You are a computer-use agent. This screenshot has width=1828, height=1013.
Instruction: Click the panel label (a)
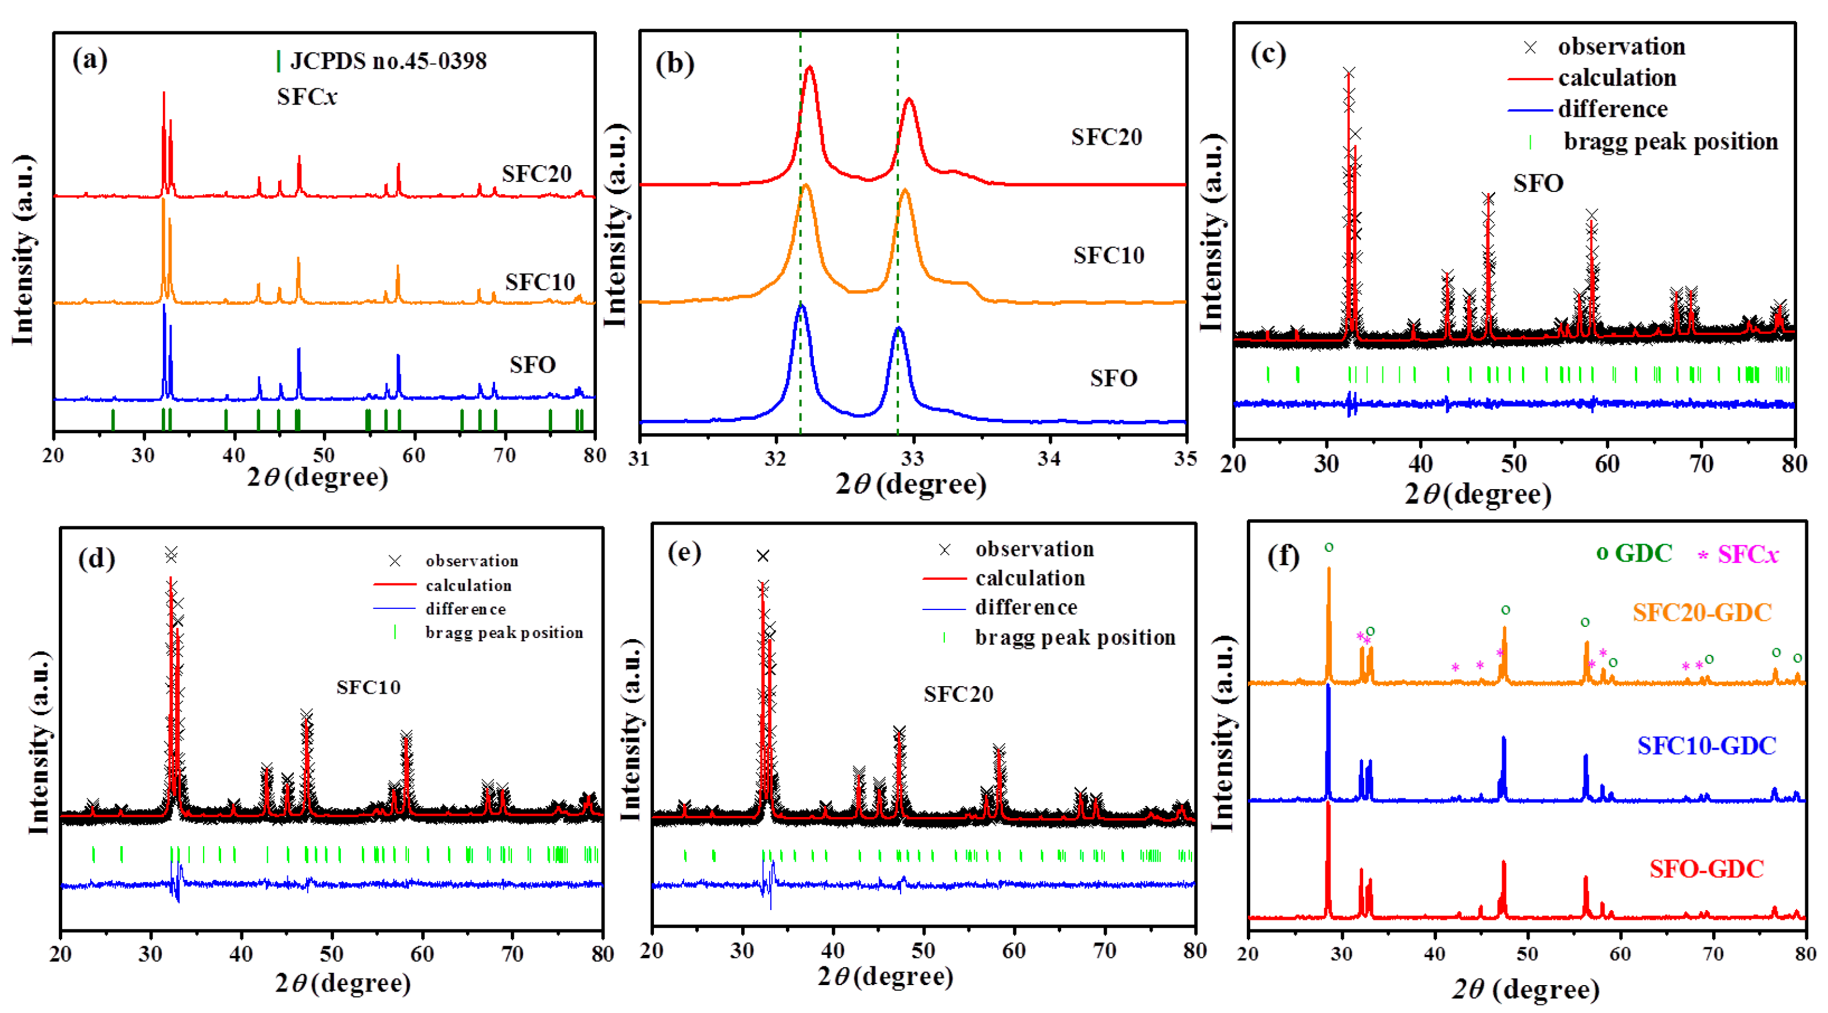pos(90,59)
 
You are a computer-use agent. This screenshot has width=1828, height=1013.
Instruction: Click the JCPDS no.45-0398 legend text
pos(388,61)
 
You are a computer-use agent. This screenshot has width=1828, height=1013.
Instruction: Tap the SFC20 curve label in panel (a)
pos(536,174)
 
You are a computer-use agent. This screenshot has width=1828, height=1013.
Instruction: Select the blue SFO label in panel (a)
pos(532,365)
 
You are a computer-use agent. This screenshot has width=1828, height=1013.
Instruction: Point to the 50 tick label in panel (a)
pos(323,455)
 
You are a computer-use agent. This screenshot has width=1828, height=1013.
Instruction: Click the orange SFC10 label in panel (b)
pos(1108,255)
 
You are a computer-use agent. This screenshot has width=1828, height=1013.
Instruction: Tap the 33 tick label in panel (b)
pos(913,458)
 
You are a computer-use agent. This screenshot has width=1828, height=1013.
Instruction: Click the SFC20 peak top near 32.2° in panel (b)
pos(810,68)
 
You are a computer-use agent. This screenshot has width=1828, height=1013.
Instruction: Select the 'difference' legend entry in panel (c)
pos(1612,109)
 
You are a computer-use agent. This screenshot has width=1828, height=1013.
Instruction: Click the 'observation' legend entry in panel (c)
pos(1621,47)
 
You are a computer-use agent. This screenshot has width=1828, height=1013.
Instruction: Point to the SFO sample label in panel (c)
pos(1538,184)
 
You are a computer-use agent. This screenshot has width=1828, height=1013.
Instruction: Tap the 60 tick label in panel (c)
pos(1607,464)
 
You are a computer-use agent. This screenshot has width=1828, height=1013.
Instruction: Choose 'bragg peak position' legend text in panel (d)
pos(504,633)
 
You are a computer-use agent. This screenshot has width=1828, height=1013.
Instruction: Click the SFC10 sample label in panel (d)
pos(368,687)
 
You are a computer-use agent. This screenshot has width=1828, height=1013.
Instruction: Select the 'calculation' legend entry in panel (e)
pos(1030,578)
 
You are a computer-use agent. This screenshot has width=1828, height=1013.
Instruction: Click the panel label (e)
pos(684,552)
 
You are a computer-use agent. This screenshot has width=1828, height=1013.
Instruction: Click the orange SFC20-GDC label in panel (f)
pos(1702,612)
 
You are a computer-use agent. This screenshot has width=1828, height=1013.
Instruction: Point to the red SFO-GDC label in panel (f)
pos(1706,869)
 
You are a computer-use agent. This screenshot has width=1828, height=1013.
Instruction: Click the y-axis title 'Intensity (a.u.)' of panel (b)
pos(614,226)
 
